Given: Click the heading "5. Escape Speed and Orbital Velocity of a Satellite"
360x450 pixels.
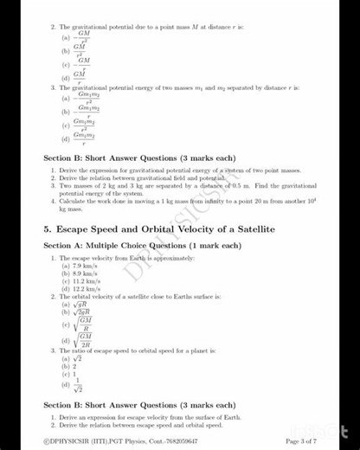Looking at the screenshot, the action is (x=158, y=228).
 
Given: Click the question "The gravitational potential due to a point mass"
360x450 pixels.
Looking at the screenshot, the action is (x=147, y=28).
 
